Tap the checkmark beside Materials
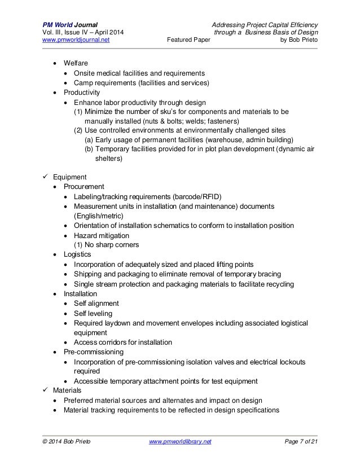(x=47, y=390)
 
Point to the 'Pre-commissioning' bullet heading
(x=93, y=352)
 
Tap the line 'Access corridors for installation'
(x=123, y=342)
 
